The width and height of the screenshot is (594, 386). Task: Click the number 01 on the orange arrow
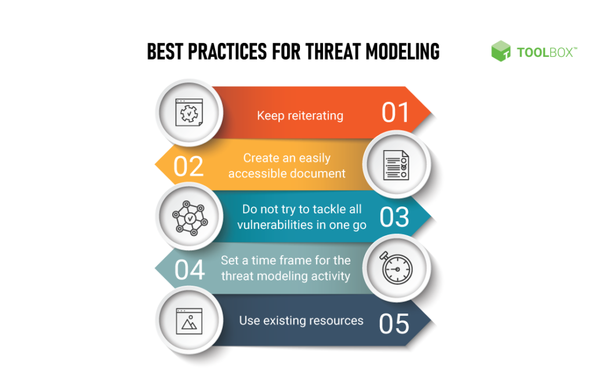pyautogui.click(x=396, y=112)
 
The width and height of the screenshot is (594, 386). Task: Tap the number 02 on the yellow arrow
pyautogui.click(x=189, y=166)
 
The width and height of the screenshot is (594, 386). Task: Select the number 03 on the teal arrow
pyautogui.click(x=394, y=217)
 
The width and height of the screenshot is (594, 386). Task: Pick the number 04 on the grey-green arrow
pyautogui.click(x=189, y=270)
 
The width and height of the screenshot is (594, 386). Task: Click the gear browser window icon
pyautogui.click(x=189, y=112)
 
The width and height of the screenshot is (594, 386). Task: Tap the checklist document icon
pyautogui.click(x=396, y=165)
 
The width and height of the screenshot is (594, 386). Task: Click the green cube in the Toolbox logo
pyautogui.click(x=501, y=51)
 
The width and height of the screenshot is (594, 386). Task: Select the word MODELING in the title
pyautogui.click(x=403, y=52)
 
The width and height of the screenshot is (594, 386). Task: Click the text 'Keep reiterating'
pyautogui.click(x=300, y=115)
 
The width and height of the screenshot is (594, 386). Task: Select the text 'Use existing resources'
pyautogui.click(x=301, y=321)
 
